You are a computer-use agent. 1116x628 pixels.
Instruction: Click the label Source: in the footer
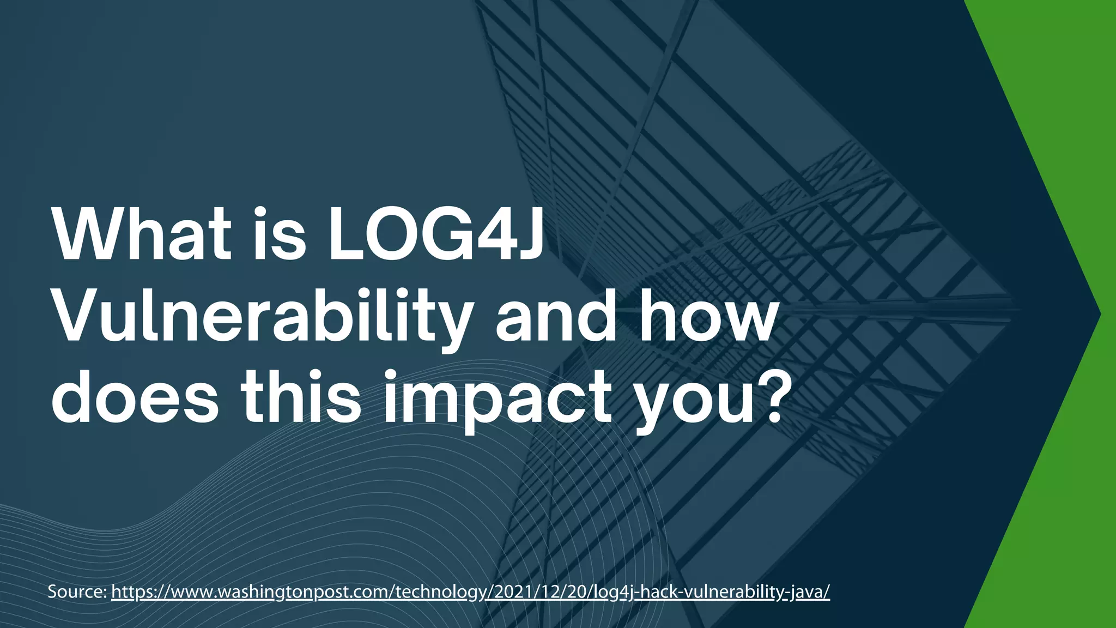[x=77, y=591]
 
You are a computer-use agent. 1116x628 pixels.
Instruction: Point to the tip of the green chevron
[x=1100, y=313]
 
